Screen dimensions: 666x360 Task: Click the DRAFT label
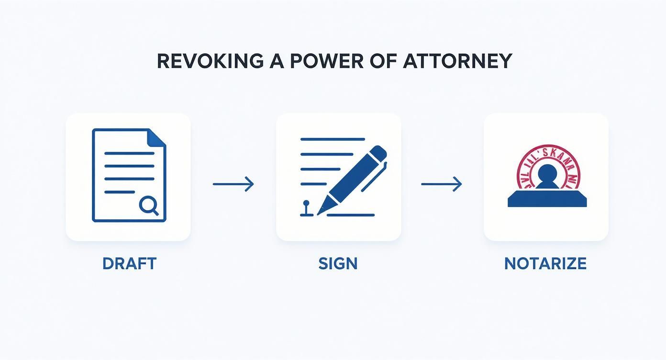pos(129,263)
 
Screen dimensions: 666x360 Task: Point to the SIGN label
pos(338,263)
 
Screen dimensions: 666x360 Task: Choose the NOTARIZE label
pos(545,263)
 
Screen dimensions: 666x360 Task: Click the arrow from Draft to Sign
pos(233,184)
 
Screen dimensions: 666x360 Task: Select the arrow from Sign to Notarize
pos(442,184)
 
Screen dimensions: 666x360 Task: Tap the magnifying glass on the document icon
pos(149,206)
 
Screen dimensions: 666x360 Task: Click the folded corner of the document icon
pos(157,138)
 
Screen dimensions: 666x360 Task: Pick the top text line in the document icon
pos(129,154)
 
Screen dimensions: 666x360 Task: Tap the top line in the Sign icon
pos(333,139)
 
